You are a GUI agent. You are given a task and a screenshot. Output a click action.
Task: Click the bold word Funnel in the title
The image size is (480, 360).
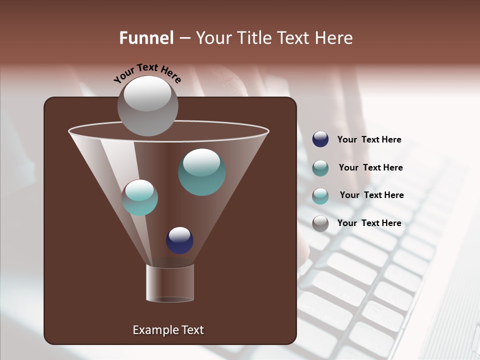pos(146,37)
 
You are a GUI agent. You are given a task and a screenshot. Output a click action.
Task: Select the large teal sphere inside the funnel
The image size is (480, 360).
pos(201,172)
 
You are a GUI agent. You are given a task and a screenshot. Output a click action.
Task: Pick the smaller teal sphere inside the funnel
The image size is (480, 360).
pos(140,197)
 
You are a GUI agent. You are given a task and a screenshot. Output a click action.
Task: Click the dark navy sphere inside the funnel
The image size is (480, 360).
pos(179,240)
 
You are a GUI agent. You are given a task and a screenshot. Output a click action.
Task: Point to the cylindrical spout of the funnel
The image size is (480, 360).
pos(170,283)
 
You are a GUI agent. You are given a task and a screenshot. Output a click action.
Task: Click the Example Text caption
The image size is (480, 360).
pos(168,330)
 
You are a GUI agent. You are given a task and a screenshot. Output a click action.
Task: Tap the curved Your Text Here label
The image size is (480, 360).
pos(147,73)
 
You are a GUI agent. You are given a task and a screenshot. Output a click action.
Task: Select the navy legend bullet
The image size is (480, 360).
pos(320,139)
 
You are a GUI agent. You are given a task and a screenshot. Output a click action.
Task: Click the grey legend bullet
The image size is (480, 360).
pos(320,223)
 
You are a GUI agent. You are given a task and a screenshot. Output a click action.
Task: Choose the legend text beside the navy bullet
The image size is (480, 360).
pos(369,139)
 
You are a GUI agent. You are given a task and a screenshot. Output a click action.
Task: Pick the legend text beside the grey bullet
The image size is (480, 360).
pos(369,223)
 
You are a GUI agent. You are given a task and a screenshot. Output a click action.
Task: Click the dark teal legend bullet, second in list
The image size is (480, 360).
pos(320,167)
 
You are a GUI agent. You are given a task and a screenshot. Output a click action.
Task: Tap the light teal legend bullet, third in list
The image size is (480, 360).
pos(320,195)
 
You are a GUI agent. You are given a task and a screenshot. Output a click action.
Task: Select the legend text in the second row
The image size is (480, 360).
pos(370,167)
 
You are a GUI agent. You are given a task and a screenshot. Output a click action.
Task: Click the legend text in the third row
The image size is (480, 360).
pos(371,195)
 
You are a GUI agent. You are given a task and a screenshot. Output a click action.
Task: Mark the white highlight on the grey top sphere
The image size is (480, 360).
pos(147,93)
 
